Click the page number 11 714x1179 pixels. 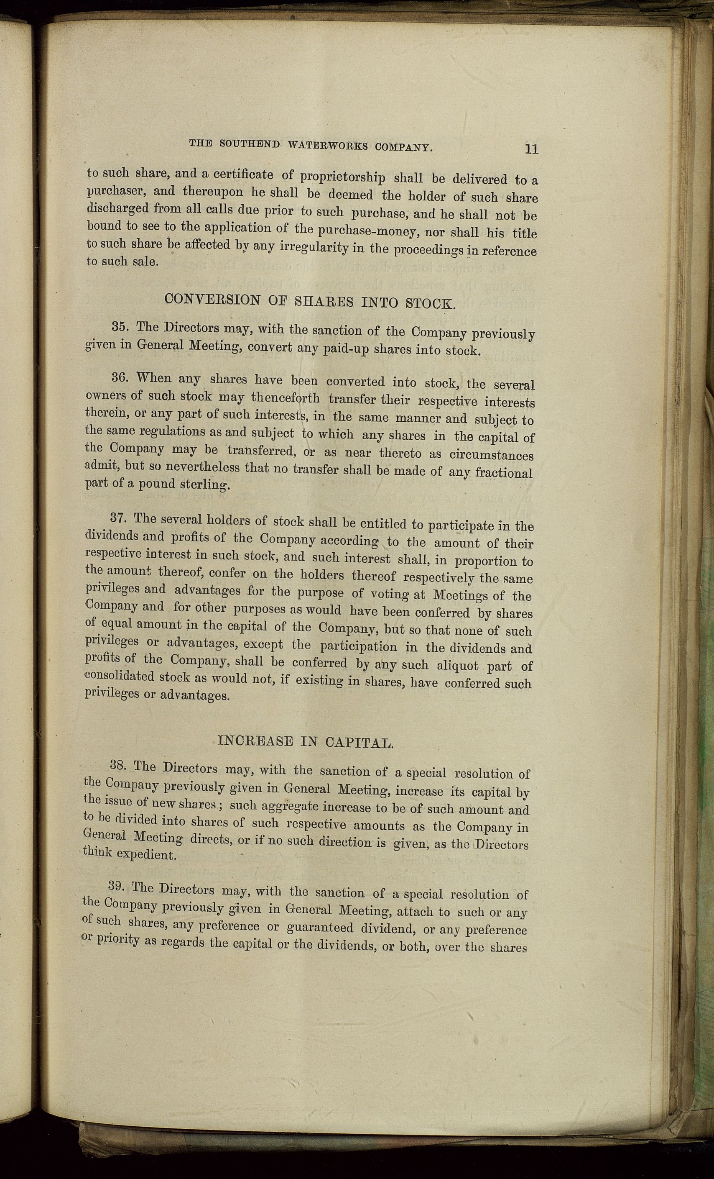coord(531,149)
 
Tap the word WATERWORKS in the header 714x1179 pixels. coord(329,146)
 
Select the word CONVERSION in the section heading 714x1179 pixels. coord(212,300)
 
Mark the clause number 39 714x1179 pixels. coord(117,886)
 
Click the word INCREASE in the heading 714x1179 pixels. coord(255,742)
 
